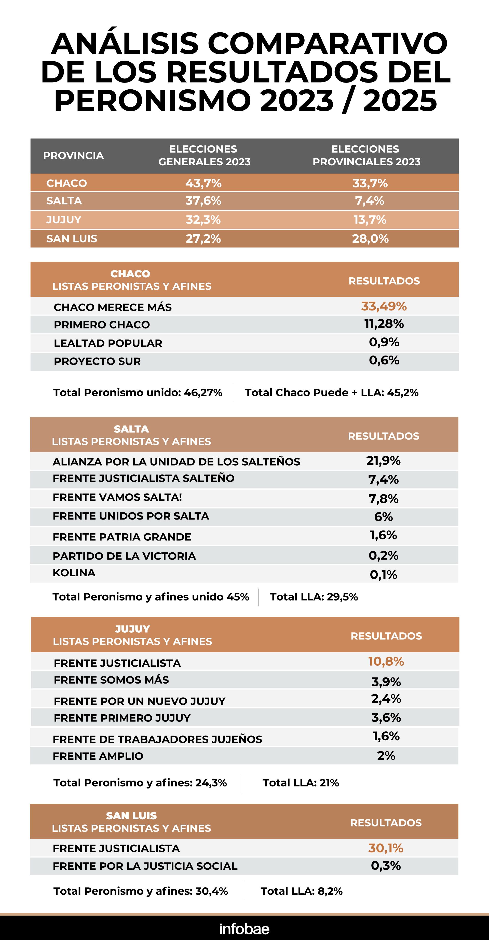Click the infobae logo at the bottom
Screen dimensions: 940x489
[x=244, y=929]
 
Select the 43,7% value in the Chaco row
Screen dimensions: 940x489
[x=203, y=183]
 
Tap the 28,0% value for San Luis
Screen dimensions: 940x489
[x=370, y=239]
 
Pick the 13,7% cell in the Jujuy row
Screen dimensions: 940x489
[x=370, y=220]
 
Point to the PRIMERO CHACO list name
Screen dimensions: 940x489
[x=102, y=324]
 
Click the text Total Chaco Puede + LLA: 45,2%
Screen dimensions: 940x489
[x=331, y=393]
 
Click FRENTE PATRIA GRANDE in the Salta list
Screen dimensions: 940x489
[x=122, y=537]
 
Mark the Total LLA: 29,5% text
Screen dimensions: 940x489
[x=314, y=597]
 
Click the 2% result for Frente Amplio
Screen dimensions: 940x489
[x=386, y=755]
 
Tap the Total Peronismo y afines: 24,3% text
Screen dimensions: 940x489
[x=140, y=782]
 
